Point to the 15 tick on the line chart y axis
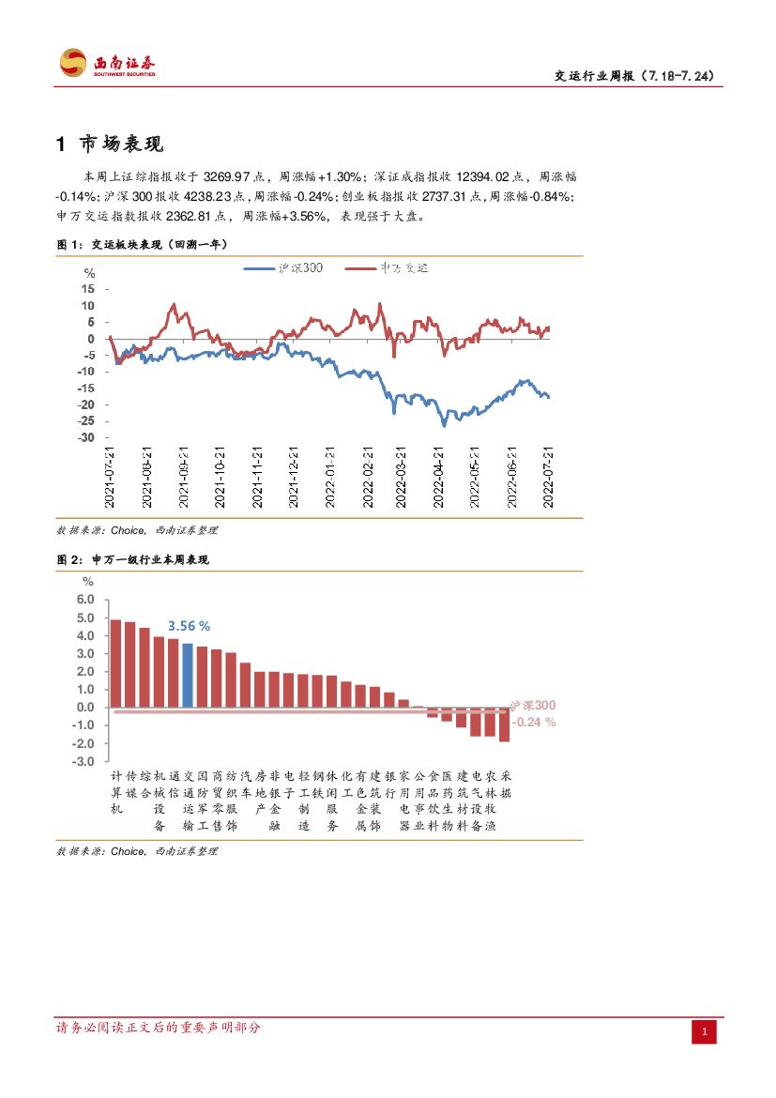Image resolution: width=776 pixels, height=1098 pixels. pos(87,289)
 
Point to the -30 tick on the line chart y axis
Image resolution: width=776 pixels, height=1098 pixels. pos(85,437)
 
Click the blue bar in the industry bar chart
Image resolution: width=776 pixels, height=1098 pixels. pos(188,675)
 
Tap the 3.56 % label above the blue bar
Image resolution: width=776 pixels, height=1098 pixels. pos(189,626)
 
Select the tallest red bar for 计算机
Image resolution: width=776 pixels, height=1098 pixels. pos(115,663)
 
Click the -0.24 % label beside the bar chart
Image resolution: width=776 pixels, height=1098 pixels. pos(534,723)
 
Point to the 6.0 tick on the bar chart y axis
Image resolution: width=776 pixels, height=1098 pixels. pos(85,600)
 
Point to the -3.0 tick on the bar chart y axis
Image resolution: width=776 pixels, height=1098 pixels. pos(84,761)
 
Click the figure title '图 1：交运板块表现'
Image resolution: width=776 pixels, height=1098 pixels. pos(142,244)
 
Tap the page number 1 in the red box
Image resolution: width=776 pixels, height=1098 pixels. pos(705,1032)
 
